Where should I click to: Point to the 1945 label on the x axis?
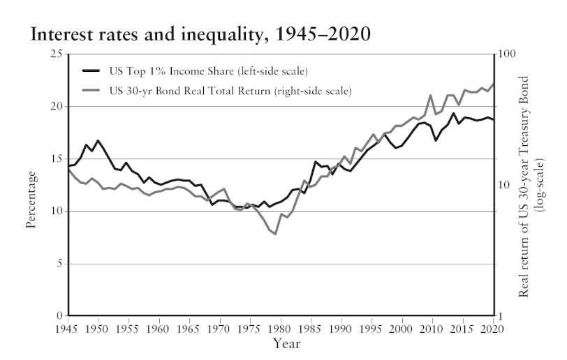coord(67,329)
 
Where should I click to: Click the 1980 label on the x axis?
coord(280,329)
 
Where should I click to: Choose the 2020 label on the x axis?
coord(493,329)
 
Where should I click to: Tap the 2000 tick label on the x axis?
coord(402,329)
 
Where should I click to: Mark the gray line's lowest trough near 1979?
coord(275,234)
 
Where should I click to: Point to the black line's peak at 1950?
coord(98,140)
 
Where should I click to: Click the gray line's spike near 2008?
coord(432,96)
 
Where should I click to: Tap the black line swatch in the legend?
coord(92,70)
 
